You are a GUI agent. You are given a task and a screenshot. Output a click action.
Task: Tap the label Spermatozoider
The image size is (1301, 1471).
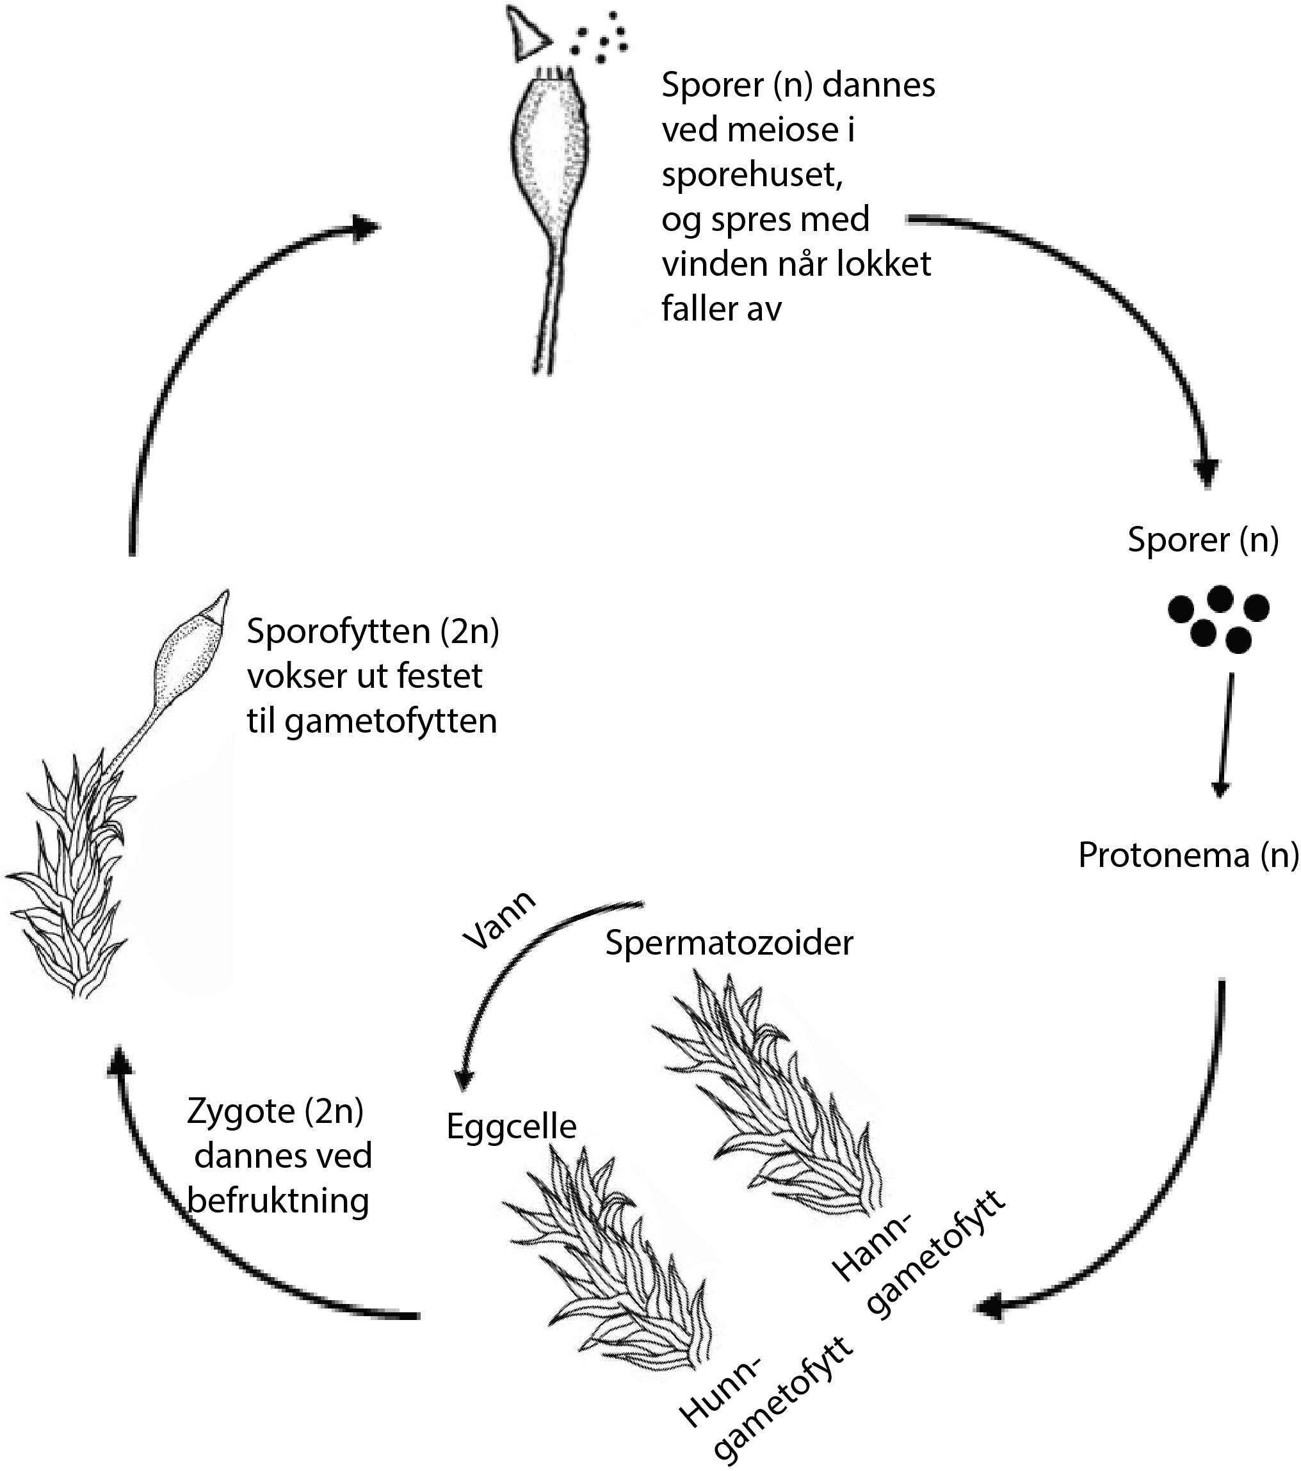point(729,942)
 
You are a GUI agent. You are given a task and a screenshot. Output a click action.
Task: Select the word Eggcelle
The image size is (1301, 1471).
point(511,1126)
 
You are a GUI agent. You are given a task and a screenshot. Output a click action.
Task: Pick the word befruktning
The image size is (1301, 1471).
point(278,1200)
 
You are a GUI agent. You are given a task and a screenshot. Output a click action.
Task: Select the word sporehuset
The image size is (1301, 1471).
point(752,175)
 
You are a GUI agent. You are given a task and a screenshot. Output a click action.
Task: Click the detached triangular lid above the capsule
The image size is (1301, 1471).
point(526,35)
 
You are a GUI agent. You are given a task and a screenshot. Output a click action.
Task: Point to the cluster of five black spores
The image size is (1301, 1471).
point(1218,617)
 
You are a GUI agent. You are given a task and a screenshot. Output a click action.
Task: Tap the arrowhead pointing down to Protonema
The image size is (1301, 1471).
point(1219,789)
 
